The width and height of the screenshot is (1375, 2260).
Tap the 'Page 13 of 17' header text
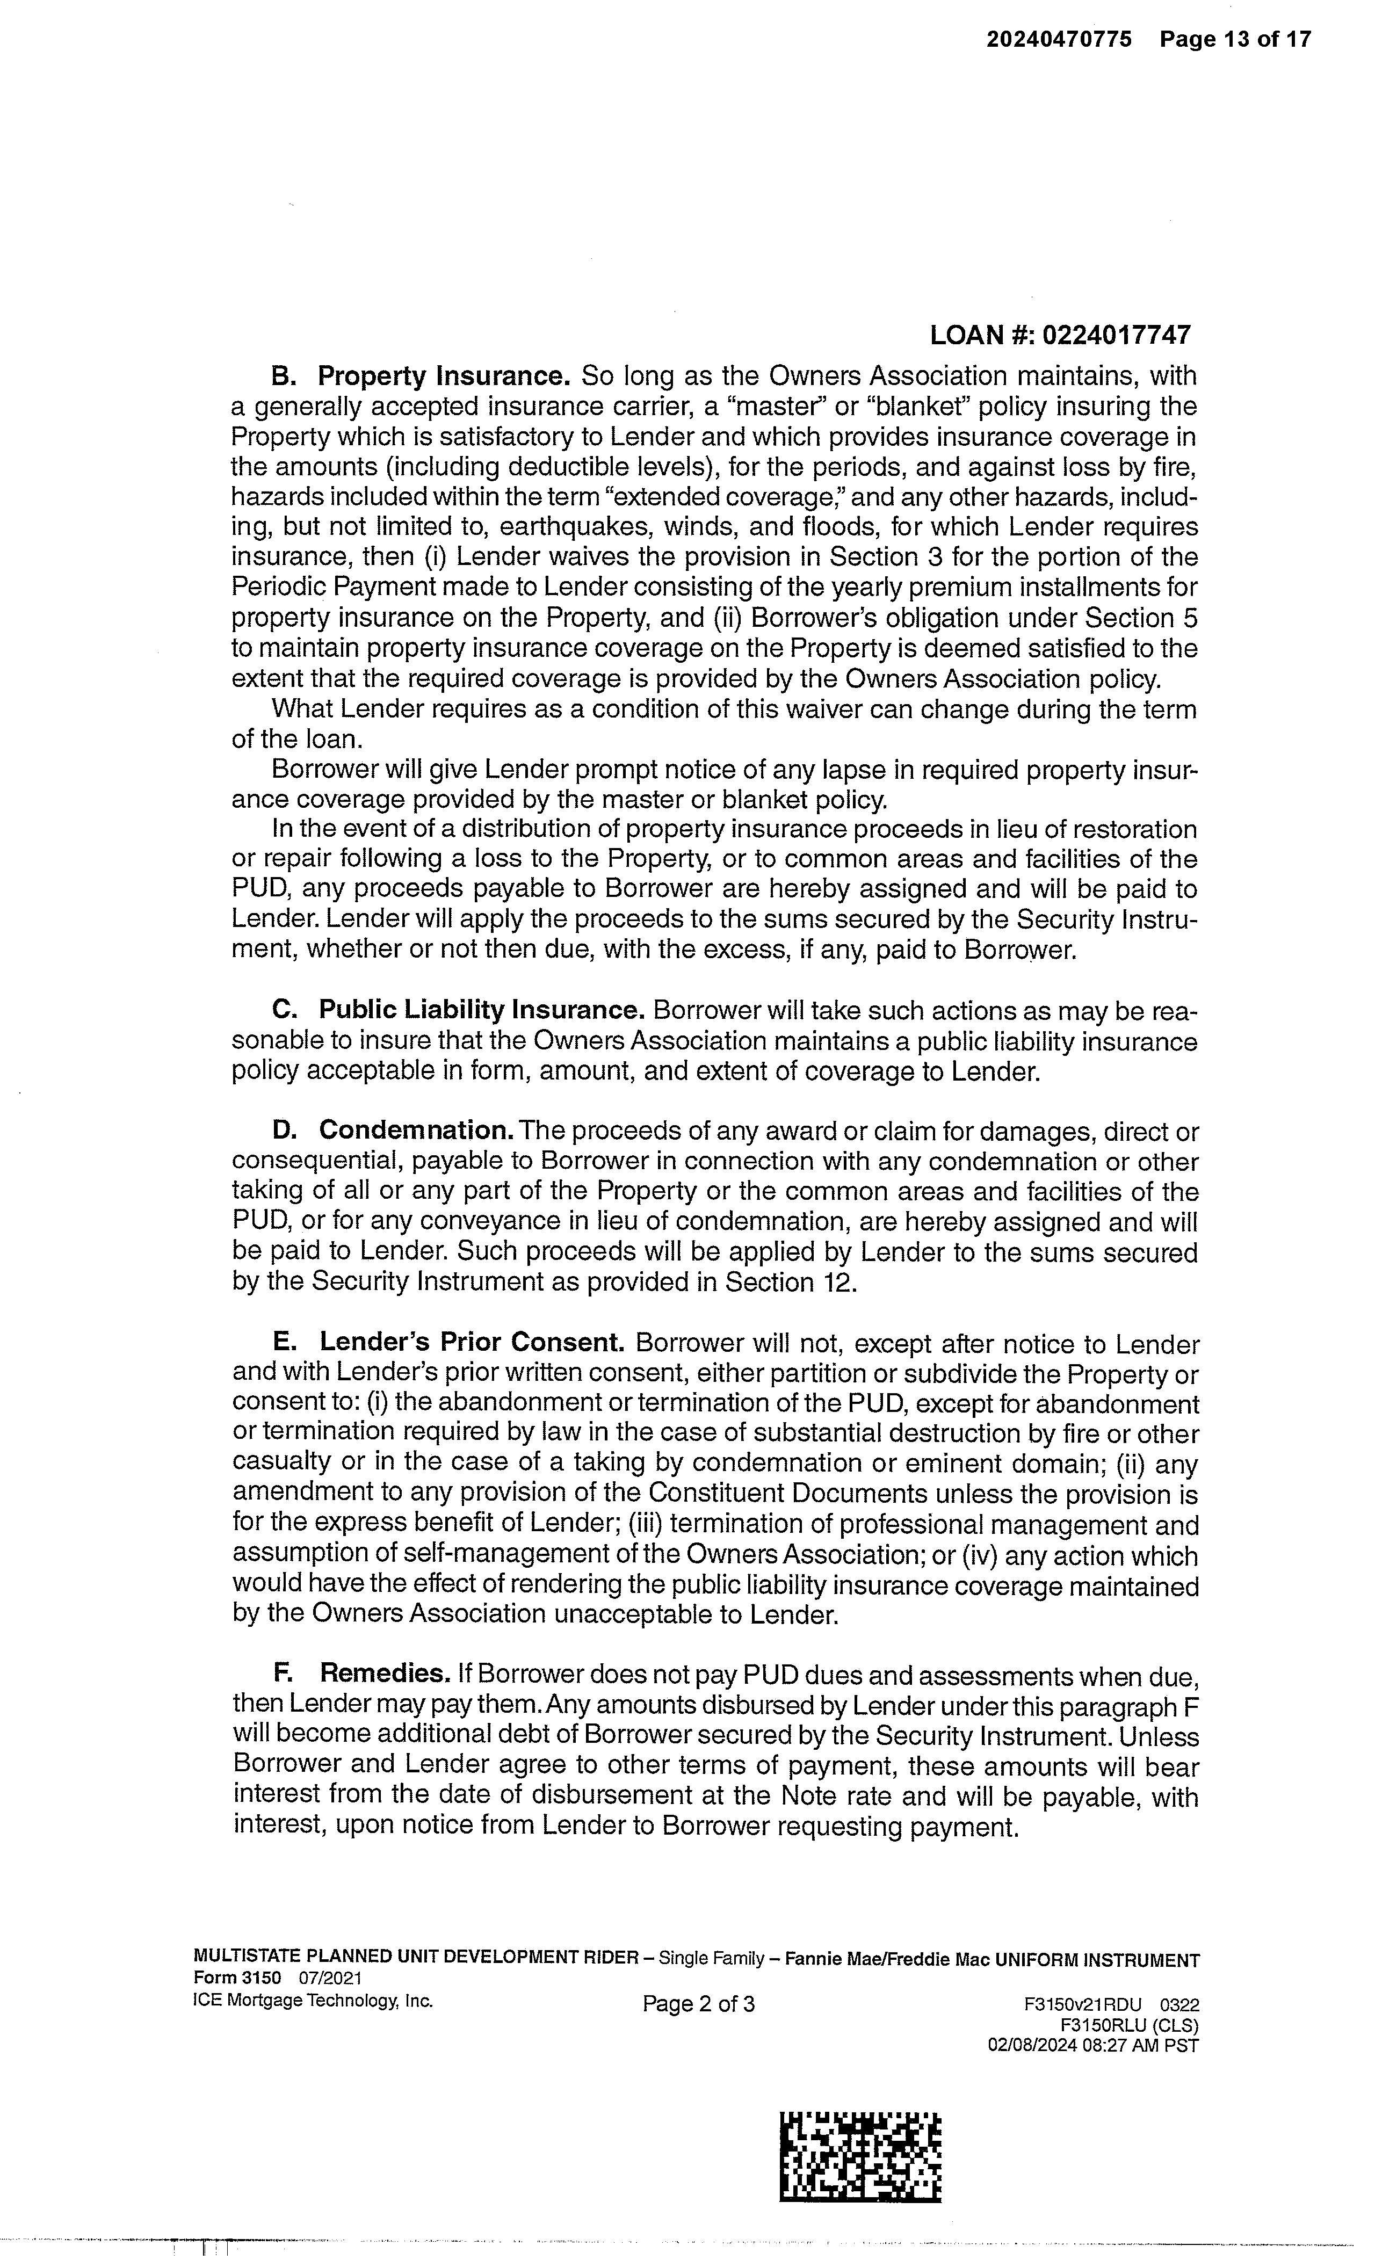tap(1235, 39)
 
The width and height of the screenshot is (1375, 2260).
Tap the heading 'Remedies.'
tap(385, 1674)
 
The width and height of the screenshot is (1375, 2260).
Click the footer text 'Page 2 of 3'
tap(698, 2004)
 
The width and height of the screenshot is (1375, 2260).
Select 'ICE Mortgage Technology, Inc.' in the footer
tap(313, 2001)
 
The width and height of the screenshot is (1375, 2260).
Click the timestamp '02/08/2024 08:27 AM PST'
tap(1092, 2045)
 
